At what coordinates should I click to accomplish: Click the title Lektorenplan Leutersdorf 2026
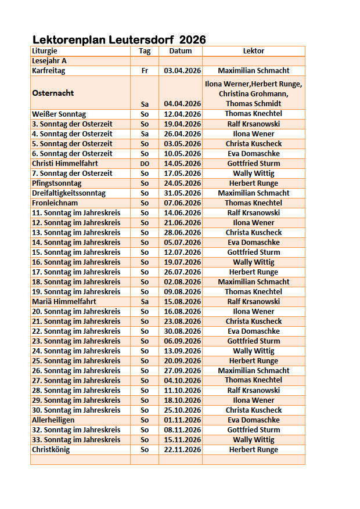[119, 40]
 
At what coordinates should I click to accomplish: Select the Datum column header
[180, 51]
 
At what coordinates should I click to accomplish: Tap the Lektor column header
[254, 51]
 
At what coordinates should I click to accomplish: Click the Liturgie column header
[45, 51]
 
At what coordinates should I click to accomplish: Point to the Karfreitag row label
[49, 71]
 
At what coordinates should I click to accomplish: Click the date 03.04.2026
[182, 71]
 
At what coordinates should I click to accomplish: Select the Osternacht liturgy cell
[53, 93]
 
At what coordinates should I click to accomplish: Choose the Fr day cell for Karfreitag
[145, 71]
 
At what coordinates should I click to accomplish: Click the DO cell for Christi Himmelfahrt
[145, 164]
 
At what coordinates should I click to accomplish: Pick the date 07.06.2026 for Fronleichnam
[182, 203]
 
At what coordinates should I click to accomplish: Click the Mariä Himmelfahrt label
[64, 301]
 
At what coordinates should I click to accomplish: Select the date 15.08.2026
[182, 301]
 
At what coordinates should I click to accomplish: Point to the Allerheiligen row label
[53, 420]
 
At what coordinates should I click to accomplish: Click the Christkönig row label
[51, 449]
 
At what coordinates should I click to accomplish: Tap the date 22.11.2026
[182, 449]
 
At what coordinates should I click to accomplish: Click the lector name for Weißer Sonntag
[254, 114]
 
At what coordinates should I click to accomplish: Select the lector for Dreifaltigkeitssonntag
[254, 193]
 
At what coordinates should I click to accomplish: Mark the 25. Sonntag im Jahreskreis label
[76, 360]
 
